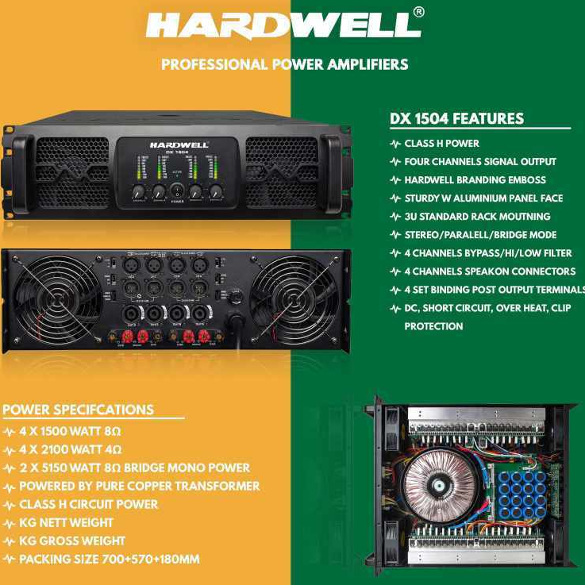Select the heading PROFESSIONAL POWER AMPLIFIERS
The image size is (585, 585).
click(x=284, y=64)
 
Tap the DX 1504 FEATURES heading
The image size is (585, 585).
click(x=456, y=119)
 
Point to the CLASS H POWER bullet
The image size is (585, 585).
click(x=441, y=144)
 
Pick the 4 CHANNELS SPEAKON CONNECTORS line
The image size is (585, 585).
click(x=489, y=271)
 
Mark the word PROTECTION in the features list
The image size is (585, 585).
click(x=433, y=326)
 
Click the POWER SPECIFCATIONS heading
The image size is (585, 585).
click(x=79, y=410)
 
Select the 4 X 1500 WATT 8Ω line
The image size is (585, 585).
click(x=70, y=431)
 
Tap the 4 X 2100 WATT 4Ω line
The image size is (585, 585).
click(x=70, y=449)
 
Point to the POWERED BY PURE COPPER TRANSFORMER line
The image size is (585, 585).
click(x=139, y=486)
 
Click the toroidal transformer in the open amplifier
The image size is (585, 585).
click(x=437, y=487)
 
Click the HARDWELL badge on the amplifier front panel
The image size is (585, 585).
click(x=179, y=145)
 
